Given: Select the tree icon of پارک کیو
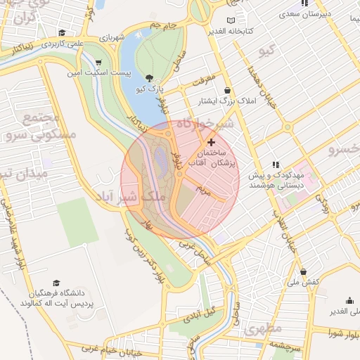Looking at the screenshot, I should pos(149,77).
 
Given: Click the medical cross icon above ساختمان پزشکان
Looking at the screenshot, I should pos(210,142).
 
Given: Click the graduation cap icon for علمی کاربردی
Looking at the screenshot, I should pos(62,32).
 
